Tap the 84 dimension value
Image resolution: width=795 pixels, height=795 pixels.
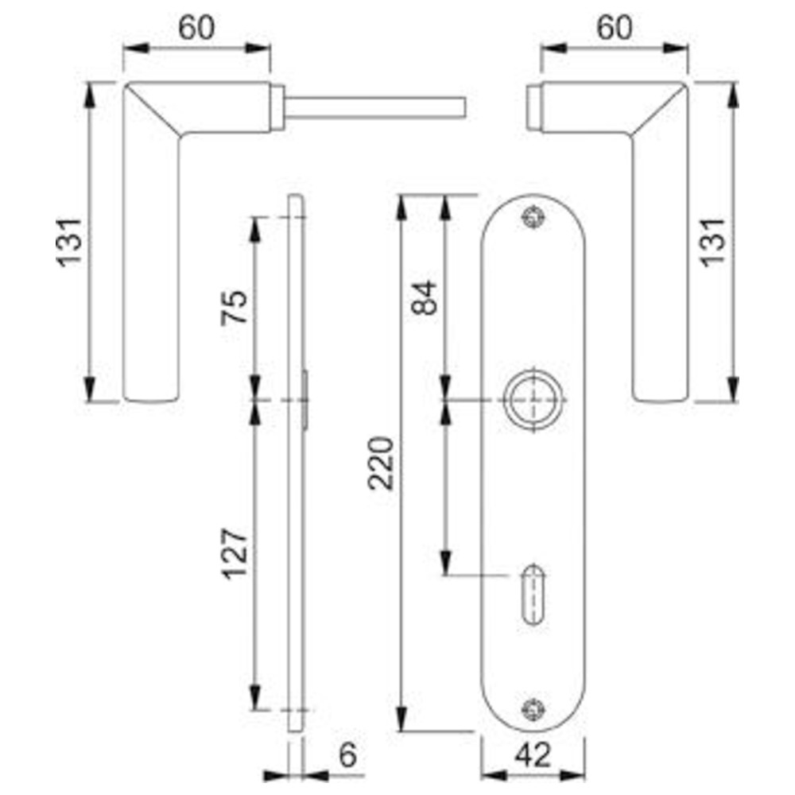click(x=424, y=298)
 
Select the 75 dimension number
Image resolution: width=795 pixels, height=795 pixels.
click(x=235, y=307)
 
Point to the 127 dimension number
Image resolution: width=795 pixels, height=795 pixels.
click(x=235, y=554)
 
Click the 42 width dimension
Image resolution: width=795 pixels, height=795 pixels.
click(x=533, y=755)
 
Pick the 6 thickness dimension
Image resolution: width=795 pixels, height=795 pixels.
click(x=348, y=755)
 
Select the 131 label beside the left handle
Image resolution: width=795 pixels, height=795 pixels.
click(x=69, y=242)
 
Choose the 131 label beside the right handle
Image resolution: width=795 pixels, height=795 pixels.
click(x=713, y=242)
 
